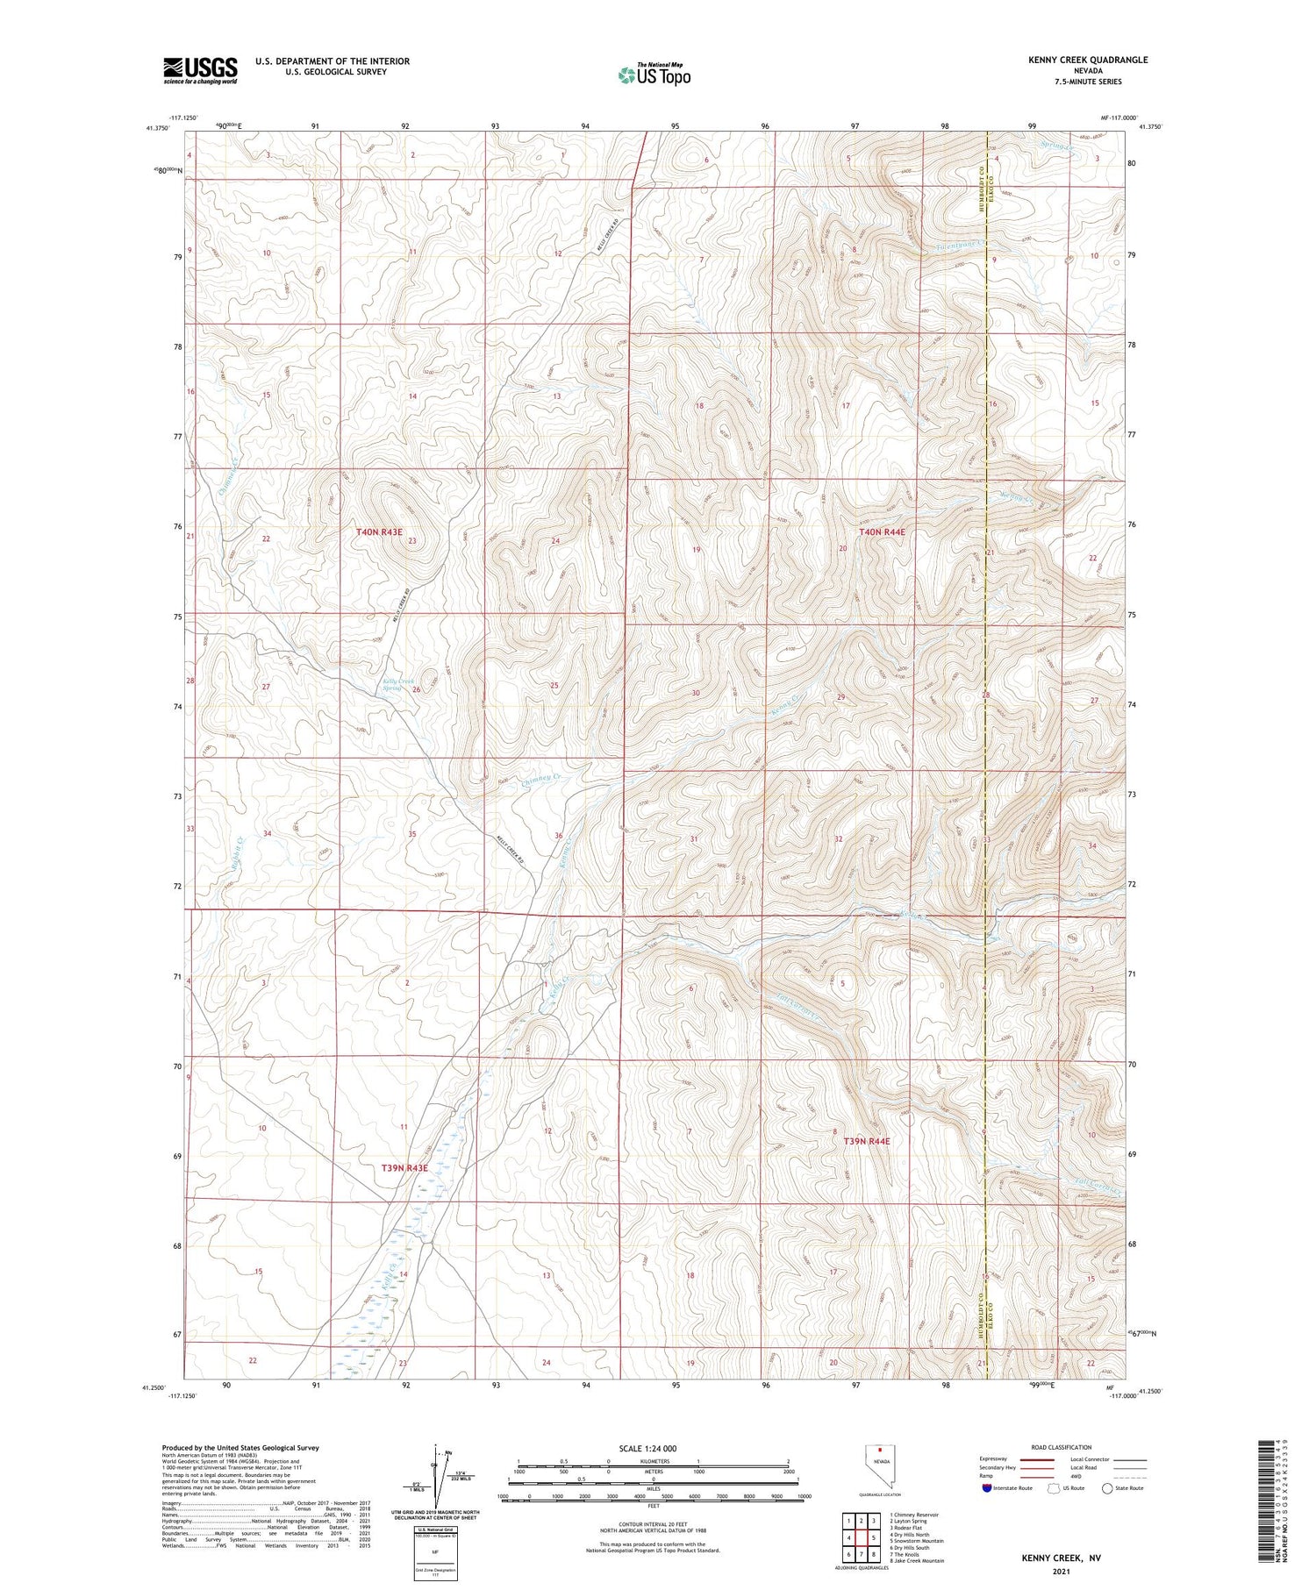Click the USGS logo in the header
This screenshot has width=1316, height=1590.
[200, 70]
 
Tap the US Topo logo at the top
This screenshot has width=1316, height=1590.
[654, 75]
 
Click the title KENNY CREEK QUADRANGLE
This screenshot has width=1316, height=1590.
[1088, 60]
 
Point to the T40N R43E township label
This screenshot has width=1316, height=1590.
[379, 532]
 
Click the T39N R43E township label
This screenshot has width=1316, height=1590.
[404, 1168]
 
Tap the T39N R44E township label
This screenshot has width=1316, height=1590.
[866, 1141]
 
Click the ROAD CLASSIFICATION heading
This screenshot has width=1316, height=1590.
[1062, 1447]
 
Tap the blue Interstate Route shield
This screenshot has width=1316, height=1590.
[986, 1488]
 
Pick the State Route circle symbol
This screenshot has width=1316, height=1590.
[1107, 1488]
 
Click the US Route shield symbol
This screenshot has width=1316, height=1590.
[1054, 1488]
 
